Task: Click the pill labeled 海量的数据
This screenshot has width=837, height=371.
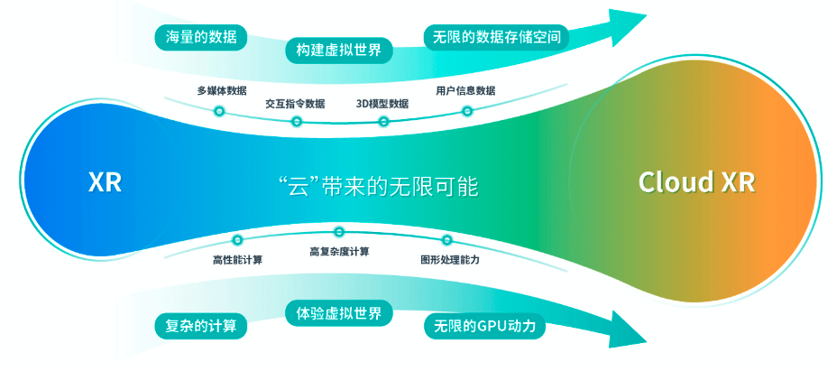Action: coord(201,37)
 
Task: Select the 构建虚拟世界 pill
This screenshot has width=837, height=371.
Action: coord(339,51)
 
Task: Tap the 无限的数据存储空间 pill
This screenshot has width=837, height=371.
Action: coord(496,37)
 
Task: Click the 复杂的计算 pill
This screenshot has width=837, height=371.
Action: coord(201,326)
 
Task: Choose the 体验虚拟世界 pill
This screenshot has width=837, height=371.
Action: coord(339,313)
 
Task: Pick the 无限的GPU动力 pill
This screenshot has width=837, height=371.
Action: coord(484,326)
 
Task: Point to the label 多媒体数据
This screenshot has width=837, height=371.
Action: coord(222,90)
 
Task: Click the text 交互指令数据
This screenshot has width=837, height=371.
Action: coord(295,104)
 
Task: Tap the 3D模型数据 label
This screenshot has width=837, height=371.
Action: coord(382,104)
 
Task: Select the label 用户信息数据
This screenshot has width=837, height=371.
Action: coord(465,90)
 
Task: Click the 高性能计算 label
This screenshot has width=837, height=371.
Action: coord(237,260)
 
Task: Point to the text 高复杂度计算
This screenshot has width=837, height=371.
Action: coord(339,251)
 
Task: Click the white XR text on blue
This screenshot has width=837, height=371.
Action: coord(106,183)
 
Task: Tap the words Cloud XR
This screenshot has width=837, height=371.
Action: coord(697,181)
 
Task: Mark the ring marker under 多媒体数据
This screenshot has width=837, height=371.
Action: coord(219,111)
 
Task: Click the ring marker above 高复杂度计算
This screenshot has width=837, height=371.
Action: coord(339,231)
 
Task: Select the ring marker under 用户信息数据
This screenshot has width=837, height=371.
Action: coord(467,111)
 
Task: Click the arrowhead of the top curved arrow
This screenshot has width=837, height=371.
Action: coord(626,27)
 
